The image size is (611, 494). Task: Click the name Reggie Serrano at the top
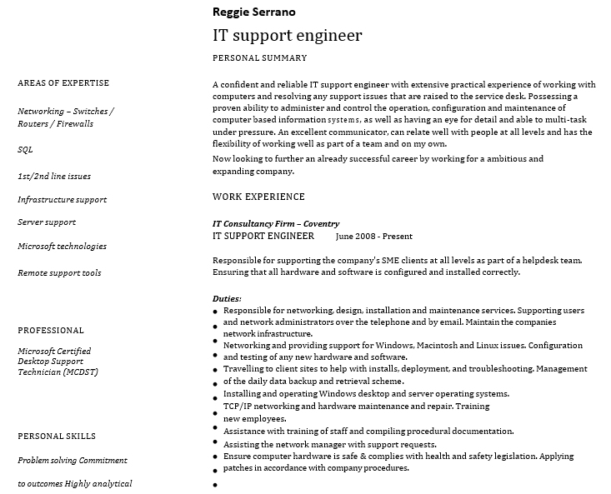pyautogui.click(x=253, y=12)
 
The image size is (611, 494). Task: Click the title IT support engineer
pyautogui.click(x=288, y=36)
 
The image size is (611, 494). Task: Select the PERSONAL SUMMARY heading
pyautogui.click(x=260, y=58)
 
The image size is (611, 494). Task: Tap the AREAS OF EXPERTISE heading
pyautogui.click(x=63, y=83)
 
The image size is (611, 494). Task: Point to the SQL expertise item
pyautogui.click(x=25, y=150)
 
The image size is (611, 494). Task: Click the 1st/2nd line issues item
pyautogui.click(x=54, y=177)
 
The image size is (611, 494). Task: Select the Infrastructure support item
pyautogui.click(x=63, y=200)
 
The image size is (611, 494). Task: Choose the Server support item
pyautogui.click(x=47, y=222)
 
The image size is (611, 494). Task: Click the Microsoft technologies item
pyautogui.click(x=62, y=247)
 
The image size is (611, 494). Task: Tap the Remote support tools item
pyautogui.click(x=59, y=273)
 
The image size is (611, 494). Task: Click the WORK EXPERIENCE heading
pyautogui.click(x=258, y=197)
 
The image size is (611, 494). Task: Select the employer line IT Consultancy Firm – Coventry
pyautogui.click(x=276, y=223)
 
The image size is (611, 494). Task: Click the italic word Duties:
pyautogui.click(x=227, y=298)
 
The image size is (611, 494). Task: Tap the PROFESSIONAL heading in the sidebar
pyautogui.click(x=51, y=331)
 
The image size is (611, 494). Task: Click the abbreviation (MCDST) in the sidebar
pyautogui.click(x=81, y=372)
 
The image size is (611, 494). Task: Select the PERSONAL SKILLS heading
pyautogui.click(x=57, y=437)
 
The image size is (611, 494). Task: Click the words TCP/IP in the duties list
pyautogui.click(x=238, y=407)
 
